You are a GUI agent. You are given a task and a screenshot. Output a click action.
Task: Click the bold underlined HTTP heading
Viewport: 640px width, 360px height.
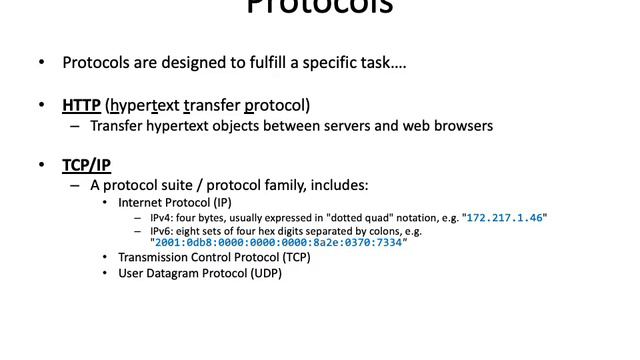(80, 105)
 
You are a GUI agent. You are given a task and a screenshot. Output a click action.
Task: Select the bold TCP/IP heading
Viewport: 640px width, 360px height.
(86, 165)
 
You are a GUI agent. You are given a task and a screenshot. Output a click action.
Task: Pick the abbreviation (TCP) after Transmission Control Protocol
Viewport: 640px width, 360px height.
(292, 257)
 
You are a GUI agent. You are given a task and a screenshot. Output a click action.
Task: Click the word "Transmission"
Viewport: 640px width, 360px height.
(153, 257)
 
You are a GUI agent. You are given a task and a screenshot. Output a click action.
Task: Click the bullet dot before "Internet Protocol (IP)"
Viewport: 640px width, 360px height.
(107, 203)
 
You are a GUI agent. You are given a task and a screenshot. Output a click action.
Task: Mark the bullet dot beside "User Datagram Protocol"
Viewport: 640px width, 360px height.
(107, 272)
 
